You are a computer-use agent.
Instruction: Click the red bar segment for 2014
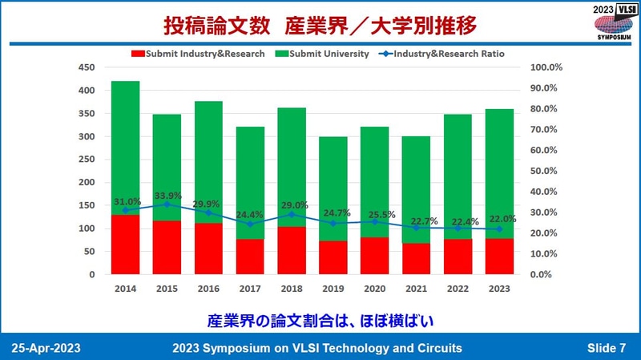point(125,245)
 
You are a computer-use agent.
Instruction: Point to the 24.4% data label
point(250,214)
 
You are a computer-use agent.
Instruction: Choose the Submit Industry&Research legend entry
point(193,54)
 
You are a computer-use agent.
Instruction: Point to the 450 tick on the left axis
point(86,67)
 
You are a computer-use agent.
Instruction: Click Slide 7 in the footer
point(606,348)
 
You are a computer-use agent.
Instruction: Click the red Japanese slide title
point(320,25)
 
